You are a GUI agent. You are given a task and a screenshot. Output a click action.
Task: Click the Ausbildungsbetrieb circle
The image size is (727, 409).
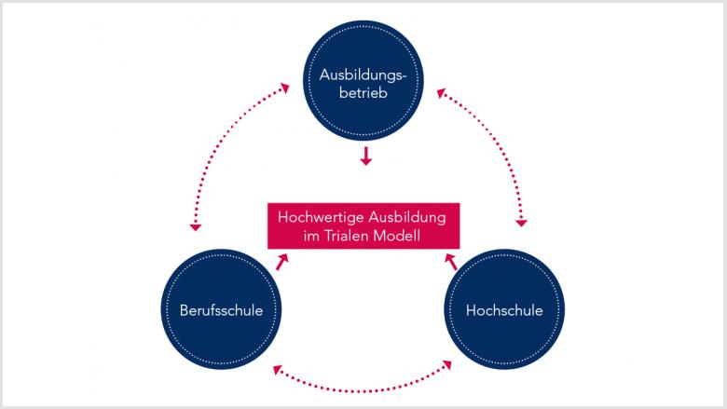pyautogui.click(x=363, y=80)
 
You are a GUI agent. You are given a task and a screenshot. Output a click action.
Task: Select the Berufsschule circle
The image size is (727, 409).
pyautogui.click(x=221, y=309)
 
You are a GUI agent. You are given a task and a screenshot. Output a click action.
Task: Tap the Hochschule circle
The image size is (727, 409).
pyautogui.click(x=504, y=309)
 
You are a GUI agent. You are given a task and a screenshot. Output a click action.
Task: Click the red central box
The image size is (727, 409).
pyautogui.click(x=363, y=226)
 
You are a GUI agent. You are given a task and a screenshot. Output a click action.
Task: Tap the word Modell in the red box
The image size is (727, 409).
pyautogui.click(x=397, y=236)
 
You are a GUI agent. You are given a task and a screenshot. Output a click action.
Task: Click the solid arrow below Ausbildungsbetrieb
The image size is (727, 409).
pyautogui.click(x=365, y=157)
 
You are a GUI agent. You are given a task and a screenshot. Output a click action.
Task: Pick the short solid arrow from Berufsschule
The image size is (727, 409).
pyautogui.click(x=281, y=262)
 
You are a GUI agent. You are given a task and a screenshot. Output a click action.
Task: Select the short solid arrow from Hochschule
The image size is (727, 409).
pyautogui.click(x=451, y=262)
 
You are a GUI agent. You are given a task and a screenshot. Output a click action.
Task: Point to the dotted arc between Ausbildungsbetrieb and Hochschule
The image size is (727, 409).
pyautogui.click(x=499, y=139)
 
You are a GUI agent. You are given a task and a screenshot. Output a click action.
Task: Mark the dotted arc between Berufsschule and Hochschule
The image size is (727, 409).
pyautogui.click(x=363, y=390)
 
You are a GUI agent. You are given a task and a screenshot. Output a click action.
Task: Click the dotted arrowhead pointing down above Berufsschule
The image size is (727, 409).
pyautogui.click(x=195, y=227)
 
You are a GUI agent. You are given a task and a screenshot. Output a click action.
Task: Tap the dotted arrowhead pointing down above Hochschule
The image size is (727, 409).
pyautogui.click(x=522, y=224)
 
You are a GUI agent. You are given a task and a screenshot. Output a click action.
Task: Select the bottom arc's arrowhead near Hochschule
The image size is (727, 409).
pyautogui.click(x=447, y=365)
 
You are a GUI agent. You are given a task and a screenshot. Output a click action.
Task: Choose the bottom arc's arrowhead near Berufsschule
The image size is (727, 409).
pyautogui.click(x=277, y=370)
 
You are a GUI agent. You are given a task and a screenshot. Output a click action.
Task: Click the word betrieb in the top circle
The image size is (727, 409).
pyautogui.click(x=363, y=92)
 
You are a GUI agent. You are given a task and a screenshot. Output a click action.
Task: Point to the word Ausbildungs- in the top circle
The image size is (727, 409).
pyautogui.click(x=363, y=75)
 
